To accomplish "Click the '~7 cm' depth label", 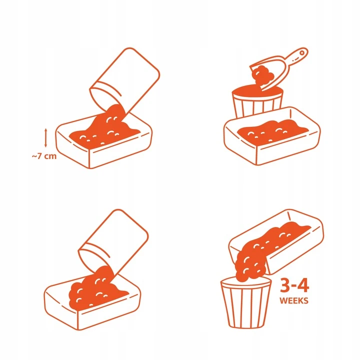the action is coord(44,156).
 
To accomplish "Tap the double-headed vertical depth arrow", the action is coord(45,138).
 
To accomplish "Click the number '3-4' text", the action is coord(294,286).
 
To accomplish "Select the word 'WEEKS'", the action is coord(294,300).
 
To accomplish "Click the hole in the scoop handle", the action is coord(302,53).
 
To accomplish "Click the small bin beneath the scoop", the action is coord(258,101).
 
